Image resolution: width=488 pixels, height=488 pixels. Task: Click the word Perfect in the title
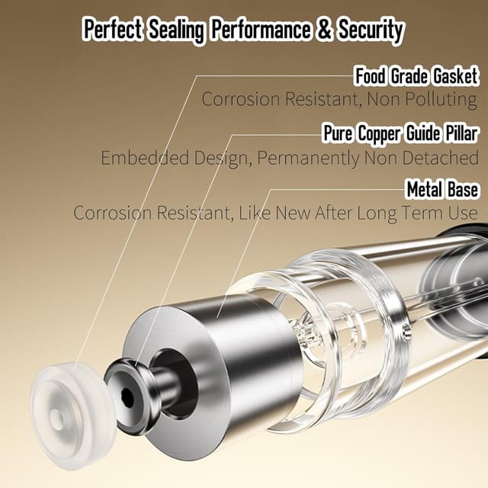(113, 30)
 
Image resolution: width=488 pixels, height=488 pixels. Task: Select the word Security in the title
(371, 30)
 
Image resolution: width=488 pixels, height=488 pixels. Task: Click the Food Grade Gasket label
(416, 76)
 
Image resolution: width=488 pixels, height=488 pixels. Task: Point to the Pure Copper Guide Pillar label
(400, 133)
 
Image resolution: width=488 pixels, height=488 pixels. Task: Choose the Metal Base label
(442, 189)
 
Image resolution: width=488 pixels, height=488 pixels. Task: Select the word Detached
(441, 158)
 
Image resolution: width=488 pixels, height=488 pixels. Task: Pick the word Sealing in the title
(176, 30)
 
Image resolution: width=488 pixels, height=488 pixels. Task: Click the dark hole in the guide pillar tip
(127, 396)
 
